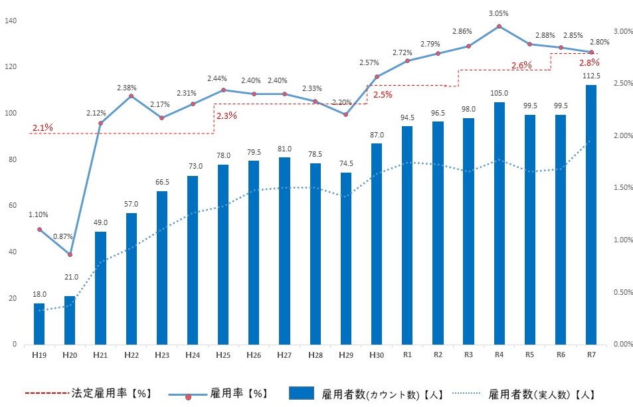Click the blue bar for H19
39,324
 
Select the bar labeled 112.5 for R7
590,214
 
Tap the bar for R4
499,223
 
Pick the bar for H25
223,254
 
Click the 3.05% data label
498,13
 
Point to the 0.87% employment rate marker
70,254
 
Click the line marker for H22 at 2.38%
131,96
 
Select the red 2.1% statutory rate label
42,127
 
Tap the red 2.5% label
383,94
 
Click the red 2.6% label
521,65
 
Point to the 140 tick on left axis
11,21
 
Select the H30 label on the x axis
376,356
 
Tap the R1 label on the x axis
407,356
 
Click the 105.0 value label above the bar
499,93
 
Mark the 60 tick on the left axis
13,206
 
